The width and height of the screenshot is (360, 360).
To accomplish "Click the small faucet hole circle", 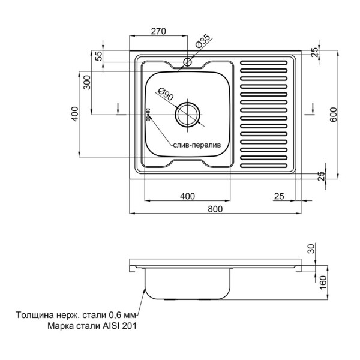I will (188, 61).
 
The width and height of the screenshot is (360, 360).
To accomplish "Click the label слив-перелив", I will (197, 145).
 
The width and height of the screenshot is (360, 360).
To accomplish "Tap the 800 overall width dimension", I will (215, 208).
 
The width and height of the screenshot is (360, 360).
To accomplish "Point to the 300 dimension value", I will (87, 82).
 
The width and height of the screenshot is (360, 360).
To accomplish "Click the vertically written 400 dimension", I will (75, 115).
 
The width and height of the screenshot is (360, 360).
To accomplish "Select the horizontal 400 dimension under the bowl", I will (188, 196).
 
